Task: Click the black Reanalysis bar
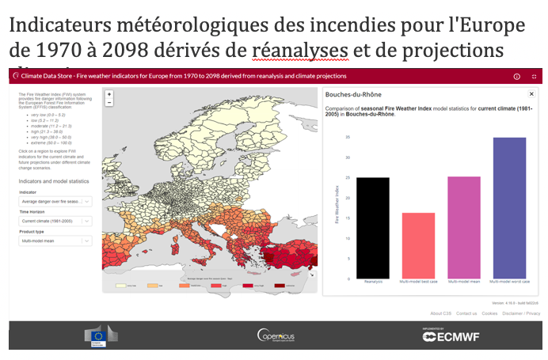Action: click(372, 228)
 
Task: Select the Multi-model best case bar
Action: click(418, 245)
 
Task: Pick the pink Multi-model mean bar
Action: click(463, 227)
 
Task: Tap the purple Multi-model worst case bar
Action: click(509, 208)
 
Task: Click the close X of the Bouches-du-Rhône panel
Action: click(531, 93)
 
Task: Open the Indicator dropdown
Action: click(55, 201)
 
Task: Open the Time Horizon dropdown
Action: click(55, 221)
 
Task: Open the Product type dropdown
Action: click(55, 241)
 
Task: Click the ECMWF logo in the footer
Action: click(451, 335)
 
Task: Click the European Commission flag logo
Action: click(100, 335)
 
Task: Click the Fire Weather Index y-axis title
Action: click(337, 207)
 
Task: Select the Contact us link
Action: click(466, 313)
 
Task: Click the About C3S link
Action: click(441, 313)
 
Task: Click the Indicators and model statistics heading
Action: click(53, 181)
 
